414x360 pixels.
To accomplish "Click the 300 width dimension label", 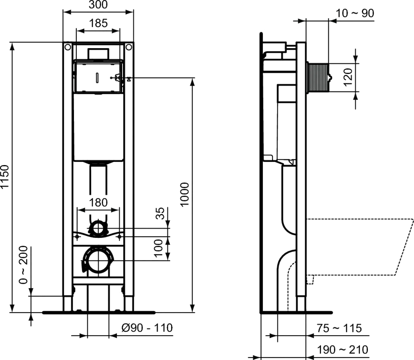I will click(x=98, y=5).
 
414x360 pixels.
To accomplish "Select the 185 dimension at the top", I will click(x=98, y=23).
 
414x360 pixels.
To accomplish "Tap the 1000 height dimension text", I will click(x=185, y=195).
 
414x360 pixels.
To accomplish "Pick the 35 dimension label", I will click(x=161, y=214).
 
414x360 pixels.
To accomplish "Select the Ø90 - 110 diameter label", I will click(x=147, y=328).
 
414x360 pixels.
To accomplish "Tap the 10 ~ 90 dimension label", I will click(x=355, y=13).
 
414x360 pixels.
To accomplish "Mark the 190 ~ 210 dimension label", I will click(x=343, y=349).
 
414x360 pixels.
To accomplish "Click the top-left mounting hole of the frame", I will click(x=68, y=48).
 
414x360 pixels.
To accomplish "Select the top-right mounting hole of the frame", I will click(x=129, y=48).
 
